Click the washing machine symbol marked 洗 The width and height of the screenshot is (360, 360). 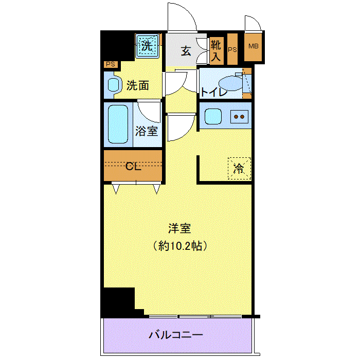(147, 46)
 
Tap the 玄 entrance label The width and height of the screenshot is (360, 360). (186, 51)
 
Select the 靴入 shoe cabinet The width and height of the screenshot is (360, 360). (217, 51)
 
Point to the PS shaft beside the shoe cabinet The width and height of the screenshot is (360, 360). (232, 49)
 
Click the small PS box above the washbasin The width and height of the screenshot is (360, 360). (111, 64)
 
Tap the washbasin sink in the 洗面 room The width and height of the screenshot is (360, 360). (114, 85)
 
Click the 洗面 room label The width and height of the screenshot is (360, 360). (138, 86)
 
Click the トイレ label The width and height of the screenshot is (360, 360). (214, 92)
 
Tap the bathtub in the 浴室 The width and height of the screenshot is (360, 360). (118, 124)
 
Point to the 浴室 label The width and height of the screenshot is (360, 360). (147, 131)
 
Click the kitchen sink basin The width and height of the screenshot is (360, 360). (213, 116)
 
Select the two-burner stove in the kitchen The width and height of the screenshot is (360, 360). (239, 117)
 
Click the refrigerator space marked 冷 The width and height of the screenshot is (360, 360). (239, 169)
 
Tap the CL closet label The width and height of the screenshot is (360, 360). (133, 166)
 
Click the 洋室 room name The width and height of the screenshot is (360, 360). (179, 228)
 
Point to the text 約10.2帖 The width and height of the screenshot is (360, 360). (180, 246)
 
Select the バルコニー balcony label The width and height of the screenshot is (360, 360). (176, 335)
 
